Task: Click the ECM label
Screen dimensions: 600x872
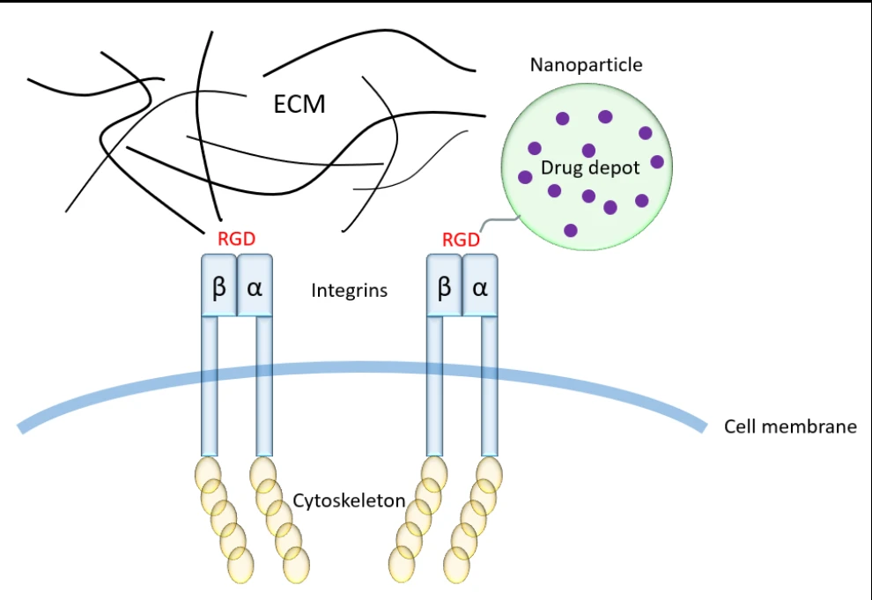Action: click(299, 105)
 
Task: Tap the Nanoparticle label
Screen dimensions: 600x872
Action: click(586, 64)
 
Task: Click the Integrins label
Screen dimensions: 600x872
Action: click(349, 290)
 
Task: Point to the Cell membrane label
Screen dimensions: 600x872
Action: click(790, 427)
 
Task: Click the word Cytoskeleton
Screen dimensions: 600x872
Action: click(349, 501)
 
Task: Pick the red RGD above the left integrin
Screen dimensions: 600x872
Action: click(236, 238)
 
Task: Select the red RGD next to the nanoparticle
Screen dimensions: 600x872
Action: click(461, 239)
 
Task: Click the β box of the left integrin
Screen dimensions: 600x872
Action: click(219, 285)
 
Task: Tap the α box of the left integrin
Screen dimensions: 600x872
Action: click(255, 285)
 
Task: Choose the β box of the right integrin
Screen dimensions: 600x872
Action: click(444, 285)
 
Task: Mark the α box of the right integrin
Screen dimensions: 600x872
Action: click(480, 285)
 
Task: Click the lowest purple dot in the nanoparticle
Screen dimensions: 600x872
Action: click(571, 230)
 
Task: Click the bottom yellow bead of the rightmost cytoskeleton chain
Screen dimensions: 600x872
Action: click(456, 564)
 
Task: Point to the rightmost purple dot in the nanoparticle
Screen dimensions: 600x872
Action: click(657, 161)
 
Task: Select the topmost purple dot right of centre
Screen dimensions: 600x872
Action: click(605, 116)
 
